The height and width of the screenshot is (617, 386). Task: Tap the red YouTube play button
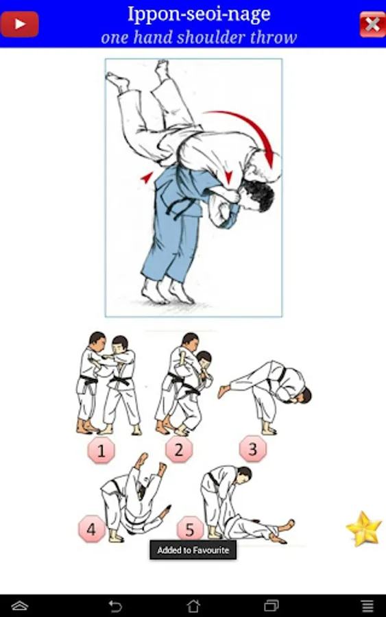pyautogui.click(x=19, y=25)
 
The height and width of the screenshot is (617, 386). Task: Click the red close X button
pyautogui.click(x=372, y=25)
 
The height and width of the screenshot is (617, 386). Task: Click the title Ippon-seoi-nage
pyautogui.click(x=199, y=14)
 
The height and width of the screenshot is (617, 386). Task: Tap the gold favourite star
pyautogui.click(x=363, y=529)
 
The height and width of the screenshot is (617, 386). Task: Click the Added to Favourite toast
pyautogui.click(x=193, y=550)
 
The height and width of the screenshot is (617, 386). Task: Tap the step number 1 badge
pyautogui.click(x=101, y=450)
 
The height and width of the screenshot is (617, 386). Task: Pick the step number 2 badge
pyautogui.click(x=179, y=449)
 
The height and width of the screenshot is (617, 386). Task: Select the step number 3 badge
pyautogui.click(x=252, y=448)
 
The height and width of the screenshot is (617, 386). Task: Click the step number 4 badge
pyautogui.click(x=91, y=529)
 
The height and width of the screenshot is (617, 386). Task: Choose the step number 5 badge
pyautogui.click(x=190, y=529)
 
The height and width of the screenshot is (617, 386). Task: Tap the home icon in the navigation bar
pyautogui.click(x=193, y=605)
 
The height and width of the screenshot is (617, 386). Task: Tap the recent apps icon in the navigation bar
pyautogui.click(x=271, y=605)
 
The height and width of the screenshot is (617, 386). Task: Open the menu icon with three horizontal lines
pyautogui.click(x=367, y=605)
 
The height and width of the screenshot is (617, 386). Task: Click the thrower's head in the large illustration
pyautogui.click(x=256, y=195)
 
